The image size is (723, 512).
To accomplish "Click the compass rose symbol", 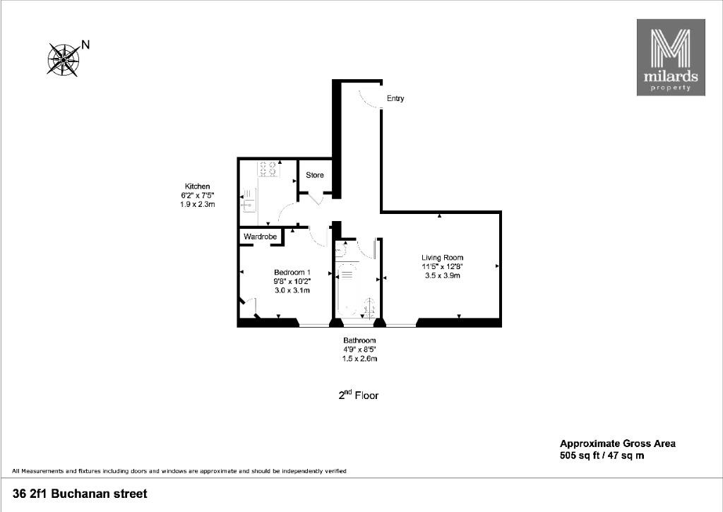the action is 63,59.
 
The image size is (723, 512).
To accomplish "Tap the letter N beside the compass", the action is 85,44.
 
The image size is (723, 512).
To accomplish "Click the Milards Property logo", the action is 671,57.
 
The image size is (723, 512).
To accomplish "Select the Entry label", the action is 395,98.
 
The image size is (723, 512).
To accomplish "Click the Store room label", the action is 315,175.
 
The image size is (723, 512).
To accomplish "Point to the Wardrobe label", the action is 260,237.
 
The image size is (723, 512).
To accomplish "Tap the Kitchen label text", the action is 198,186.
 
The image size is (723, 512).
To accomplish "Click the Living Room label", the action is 442,257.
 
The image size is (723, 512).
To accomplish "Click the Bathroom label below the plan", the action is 359,340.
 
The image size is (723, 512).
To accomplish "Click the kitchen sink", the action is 248,201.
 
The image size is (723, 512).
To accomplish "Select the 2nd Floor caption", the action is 358,395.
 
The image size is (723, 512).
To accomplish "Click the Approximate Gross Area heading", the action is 617,443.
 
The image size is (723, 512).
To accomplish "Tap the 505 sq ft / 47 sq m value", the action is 602,456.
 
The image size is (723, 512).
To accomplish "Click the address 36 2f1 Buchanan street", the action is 80,494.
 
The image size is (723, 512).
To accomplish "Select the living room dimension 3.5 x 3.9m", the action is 442,276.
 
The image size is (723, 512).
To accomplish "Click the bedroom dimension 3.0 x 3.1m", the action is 292,290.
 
